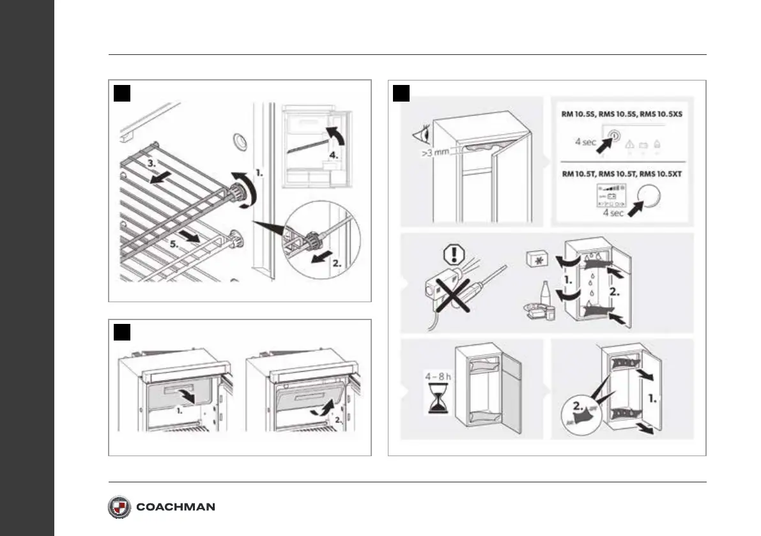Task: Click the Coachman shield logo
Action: coord(119,507)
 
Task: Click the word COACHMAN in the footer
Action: coord(176,507)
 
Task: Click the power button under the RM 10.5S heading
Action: coord(615,135)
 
